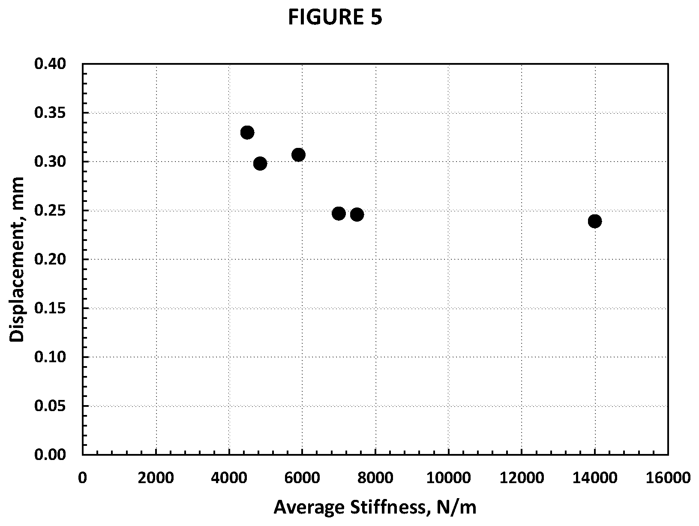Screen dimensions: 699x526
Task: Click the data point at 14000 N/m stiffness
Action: pyautogui.click(x=594, y=221)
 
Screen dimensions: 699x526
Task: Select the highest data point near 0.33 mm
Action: pyautogui.click(x=247, y=132)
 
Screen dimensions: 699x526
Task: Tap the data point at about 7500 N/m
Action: pyautogui.click(x=357, y=215)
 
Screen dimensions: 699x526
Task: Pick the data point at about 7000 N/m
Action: pyautogui.click(x=339, y=213)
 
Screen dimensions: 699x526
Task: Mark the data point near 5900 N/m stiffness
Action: pyautogui.click(x=298, y=155)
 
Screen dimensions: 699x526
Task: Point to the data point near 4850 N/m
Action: pyautogui.click(x=260, y=164)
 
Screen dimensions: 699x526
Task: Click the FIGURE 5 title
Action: pyautogui.click(x=335, y=17)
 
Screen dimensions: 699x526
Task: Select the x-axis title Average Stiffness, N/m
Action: pyautogui.click(x=375, y=508)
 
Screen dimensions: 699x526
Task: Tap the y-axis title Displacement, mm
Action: pyautogui.click(x=17, y=259)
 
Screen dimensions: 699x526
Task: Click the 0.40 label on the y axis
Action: pyautogui.click(x=50, y=64)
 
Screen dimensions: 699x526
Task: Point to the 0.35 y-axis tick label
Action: pyautogui.click(x=50, y=113)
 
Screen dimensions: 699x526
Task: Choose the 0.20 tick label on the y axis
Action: pyautogui.click(x=50, y=259)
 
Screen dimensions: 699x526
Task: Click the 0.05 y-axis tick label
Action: pyautogui.click(x=50, y=406)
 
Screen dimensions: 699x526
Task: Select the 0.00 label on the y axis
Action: pyautogui.click(x=50, y=455)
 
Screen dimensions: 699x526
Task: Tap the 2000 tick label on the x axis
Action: pyautogui.click(x=156, y=478)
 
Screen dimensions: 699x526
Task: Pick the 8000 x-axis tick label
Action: pyautogui.click(x=375, y=478)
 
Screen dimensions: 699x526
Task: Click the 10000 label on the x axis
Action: pyautogui.click(x=448, y=478)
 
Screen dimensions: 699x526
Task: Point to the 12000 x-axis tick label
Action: pyautogui.click(x=522, y=478)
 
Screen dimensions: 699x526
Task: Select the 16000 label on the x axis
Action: pyautogui.click(x=668, y=478)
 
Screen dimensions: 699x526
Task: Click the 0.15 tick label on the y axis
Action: pyautogui.click(x=50, y=308)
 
